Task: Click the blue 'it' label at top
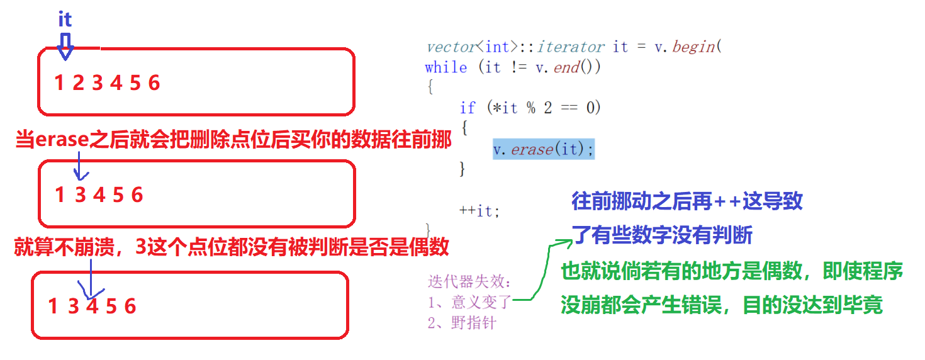point(65,20)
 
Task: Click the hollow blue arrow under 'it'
point(65,47)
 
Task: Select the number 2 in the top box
point(78,83)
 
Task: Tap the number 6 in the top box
point(154,83)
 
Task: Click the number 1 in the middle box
point(60,195)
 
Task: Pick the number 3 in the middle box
point(80,195)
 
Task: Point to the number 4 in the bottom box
point(92,307)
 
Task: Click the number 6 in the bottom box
point(130,307)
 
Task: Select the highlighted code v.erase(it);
point(544,150)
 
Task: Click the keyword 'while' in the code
point(446,67)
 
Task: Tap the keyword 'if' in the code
point(468,108)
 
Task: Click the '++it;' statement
point(479,210)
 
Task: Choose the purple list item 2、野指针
point(461,323)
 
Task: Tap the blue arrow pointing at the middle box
point(79,168)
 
